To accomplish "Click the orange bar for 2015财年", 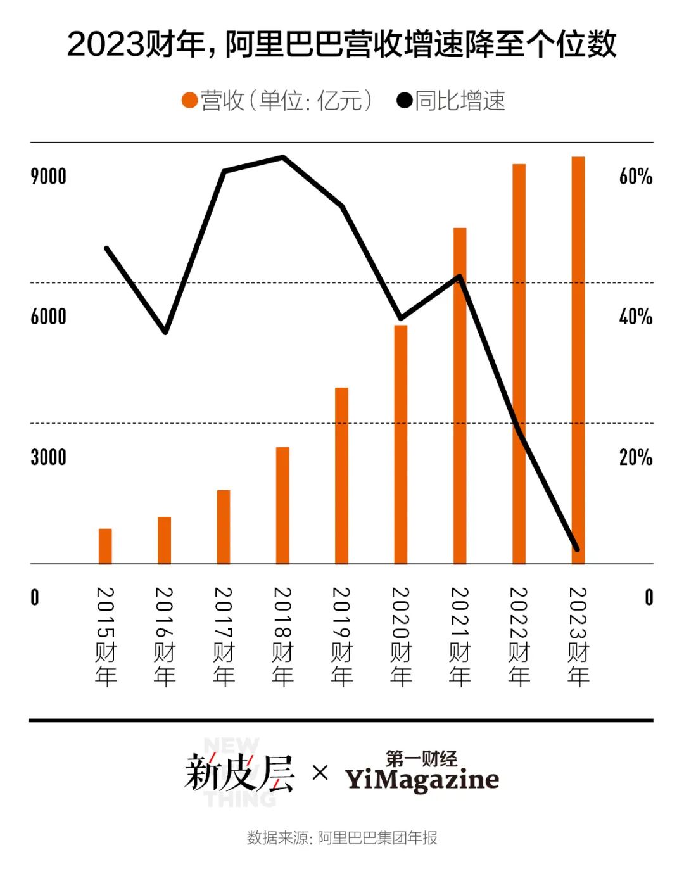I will tap(105, 546).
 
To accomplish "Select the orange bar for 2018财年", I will tap(282, 505).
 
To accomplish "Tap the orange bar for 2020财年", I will tap(400, 445).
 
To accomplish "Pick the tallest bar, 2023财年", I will tap(578, 360).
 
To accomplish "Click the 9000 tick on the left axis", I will tap(48, 177).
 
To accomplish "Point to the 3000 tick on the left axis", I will tap(48, 457).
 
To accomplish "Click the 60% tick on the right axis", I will tap(635, 177).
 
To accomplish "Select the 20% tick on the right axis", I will tap(635, 457).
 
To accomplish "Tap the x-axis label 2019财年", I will tap(341, 636).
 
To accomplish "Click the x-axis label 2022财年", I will tap(519, 636).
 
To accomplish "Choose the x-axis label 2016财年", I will tap(164, 636).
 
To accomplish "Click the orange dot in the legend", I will tap(189, 101).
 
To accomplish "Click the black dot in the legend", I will tap(404, 101).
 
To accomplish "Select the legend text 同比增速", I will tap(460, 101).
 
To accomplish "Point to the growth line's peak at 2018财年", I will tap(283, 157).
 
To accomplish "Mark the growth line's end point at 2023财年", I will tap(576, 549).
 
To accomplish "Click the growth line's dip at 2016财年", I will tap(165, 332).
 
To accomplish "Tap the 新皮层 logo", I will tap(239, 773).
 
